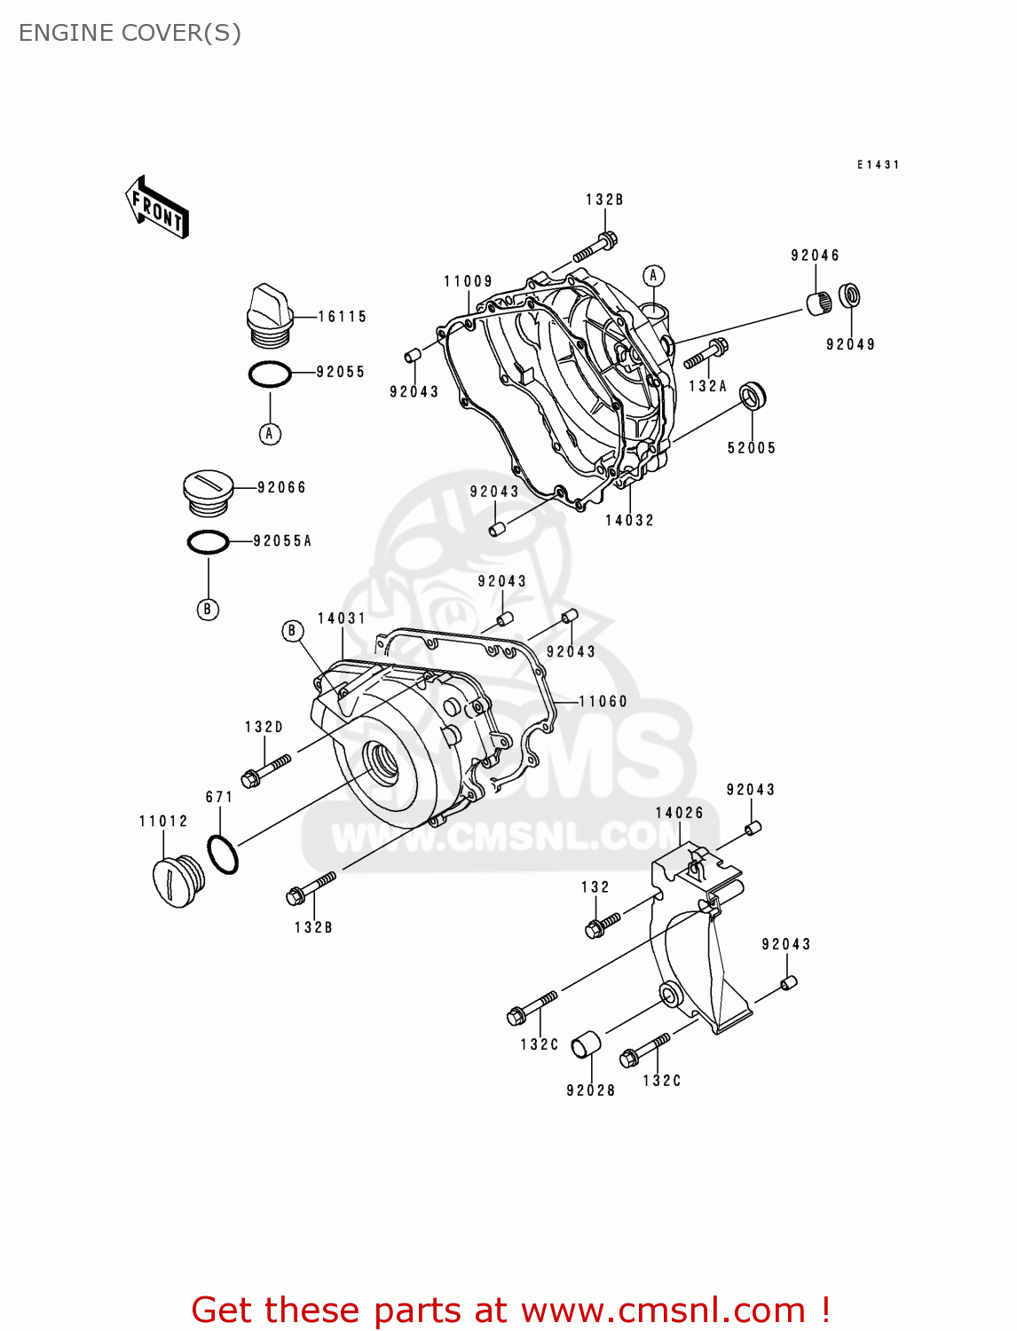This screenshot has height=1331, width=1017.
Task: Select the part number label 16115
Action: (342, 317)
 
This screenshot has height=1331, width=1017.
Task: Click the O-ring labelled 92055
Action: (270, 374)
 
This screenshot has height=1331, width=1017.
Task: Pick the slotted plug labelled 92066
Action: (208, 492)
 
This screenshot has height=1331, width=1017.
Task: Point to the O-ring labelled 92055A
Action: (209, 541)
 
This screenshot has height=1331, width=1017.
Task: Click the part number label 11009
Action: (468, 281)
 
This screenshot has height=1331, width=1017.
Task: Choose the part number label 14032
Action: (629, 521)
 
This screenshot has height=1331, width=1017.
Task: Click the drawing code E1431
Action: (878, 165)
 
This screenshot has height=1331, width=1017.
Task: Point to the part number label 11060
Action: (603, 702)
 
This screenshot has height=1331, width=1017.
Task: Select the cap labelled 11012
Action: (178, 881)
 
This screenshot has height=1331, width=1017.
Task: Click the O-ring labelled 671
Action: (223, 855)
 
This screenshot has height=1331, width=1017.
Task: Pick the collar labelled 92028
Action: (585, 1044)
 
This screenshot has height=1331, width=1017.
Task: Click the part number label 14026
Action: (679, 813)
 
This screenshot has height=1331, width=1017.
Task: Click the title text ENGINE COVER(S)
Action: (130, 33)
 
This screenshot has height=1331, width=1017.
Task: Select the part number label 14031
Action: (342, 618)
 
